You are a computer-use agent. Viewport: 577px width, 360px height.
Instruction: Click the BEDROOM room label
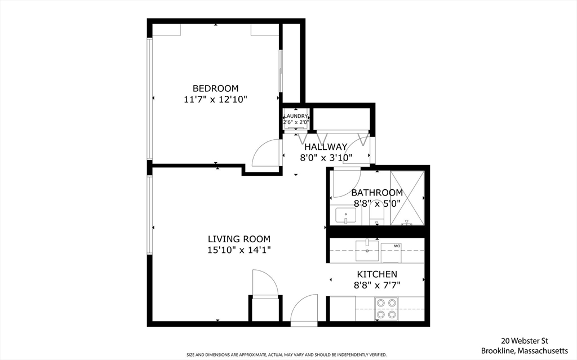215,88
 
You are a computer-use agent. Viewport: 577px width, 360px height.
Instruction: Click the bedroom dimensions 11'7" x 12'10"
215,99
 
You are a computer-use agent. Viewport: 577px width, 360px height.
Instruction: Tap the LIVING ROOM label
239,239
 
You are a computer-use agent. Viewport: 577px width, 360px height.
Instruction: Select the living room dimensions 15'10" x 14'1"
239,250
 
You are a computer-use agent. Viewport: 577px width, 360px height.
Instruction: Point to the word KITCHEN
376,274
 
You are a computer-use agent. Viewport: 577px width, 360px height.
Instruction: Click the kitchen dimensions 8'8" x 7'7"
376,285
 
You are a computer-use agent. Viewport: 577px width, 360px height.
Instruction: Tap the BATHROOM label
377,193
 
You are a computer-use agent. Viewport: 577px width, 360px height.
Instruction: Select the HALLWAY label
326,147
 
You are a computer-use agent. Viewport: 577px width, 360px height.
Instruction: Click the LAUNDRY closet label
295,116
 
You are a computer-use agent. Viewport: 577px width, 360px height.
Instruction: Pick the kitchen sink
367,251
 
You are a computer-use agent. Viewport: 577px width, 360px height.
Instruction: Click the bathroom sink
345,216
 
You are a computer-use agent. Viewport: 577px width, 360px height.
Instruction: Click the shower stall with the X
407,198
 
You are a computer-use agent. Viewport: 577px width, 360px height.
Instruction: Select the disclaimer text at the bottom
287,355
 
